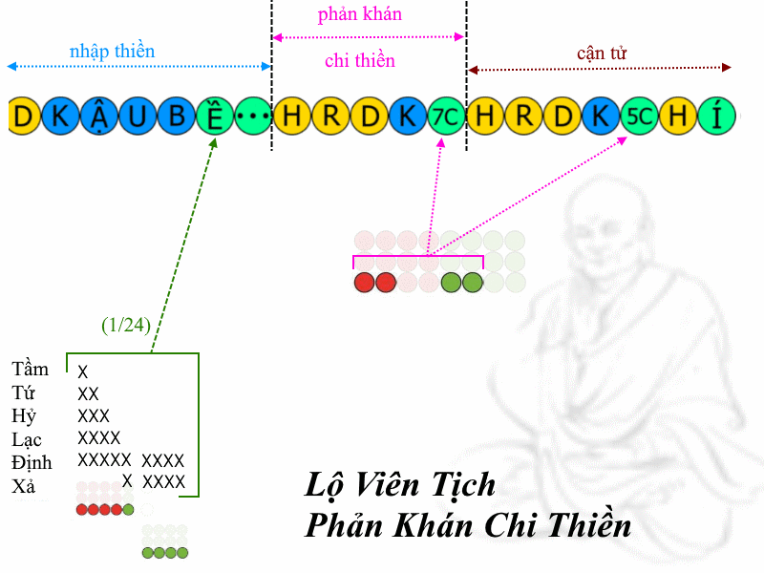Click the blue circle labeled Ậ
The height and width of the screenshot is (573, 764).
coord(99,116)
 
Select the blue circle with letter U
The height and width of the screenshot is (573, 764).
coord(138,116)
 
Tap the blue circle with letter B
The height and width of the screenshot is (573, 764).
coord(177,116)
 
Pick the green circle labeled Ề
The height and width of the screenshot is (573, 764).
coord(215,116)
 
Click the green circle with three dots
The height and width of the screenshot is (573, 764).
coord(253,116)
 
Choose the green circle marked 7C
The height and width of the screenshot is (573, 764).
coord(446,116)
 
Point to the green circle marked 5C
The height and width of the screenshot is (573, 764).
coord(639,116)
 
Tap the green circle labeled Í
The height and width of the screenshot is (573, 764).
coord(717,116)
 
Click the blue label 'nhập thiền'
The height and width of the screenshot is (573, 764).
coord(112,52)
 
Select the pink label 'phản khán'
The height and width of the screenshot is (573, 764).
coord(360,14)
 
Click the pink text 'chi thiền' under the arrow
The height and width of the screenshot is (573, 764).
coord(360,60)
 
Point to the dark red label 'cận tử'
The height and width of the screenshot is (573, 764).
coord(602,53)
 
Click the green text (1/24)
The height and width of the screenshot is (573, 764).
coord(126,325)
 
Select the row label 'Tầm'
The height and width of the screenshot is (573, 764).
coord(30,369)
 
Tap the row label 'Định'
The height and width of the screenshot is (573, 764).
coord(32,462)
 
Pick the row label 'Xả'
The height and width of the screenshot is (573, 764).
coord(23,486)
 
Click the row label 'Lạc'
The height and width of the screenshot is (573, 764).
coord(27,439)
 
